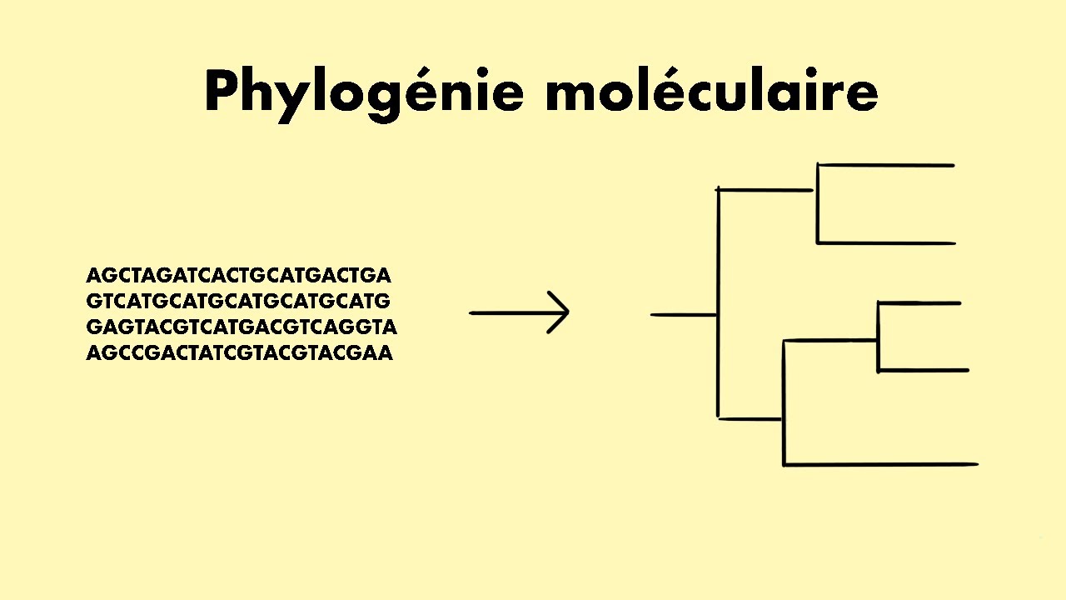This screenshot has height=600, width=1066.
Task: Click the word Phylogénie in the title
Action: point(364,93)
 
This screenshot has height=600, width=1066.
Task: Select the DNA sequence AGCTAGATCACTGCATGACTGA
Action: point(238,275)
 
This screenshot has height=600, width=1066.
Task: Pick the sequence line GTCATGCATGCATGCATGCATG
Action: point(238,301)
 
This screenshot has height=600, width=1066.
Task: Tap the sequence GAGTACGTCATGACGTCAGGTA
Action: point(242,327)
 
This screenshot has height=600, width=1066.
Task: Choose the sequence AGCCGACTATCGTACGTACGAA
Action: point(239,352)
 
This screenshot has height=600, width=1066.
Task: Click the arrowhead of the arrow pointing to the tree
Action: point(560,313)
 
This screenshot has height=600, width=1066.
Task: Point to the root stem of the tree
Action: point(683,315)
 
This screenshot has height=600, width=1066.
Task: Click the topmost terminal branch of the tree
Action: point(886,165)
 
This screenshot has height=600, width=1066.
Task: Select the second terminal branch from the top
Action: point(886,243)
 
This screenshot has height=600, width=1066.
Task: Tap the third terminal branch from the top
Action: point(919,303)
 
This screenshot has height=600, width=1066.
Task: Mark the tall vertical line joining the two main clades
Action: point(718,304)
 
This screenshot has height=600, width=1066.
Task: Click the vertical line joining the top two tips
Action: point(818,204)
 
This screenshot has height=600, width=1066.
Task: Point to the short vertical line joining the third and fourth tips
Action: point(878,337)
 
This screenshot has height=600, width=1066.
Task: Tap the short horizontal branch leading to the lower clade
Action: point(750,418)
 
